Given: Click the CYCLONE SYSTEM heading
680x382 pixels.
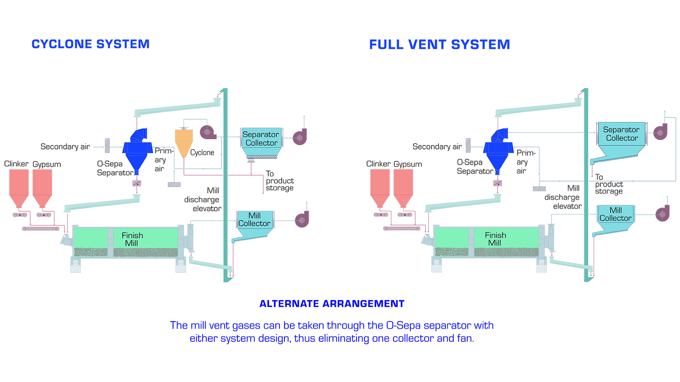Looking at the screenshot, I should click(x=90, y=44).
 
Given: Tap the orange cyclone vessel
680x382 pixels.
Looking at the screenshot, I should click(x=184, y=141).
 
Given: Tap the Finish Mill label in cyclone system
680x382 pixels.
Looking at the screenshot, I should click(x=132, y=239).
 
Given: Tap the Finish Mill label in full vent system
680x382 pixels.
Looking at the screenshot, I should click(x=495, y=239).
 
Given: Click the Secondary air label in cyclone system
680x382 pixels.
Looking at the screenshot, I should click(x=65, y=147).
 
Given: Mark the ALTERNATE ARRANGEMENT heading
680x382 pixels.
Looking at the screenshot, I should click(x=332, y=304).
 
